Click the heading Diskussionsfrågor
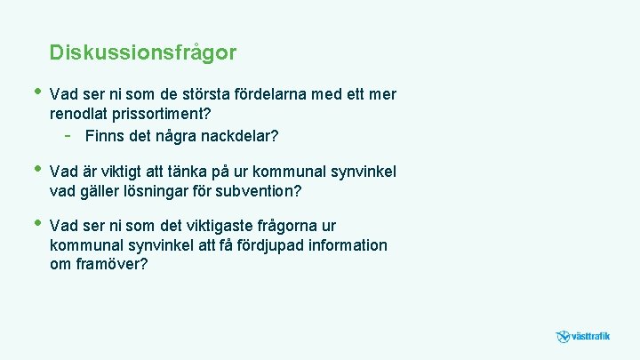[143, 52]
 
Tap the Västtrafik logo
[583, 337]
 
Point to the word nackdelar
[239, 136]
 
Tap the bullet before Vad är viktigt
[36, 168]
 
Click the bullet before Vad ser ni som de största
[36, 92]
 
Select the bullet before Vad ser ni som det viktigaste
[36, 223]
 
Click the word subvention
[259, 191]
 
